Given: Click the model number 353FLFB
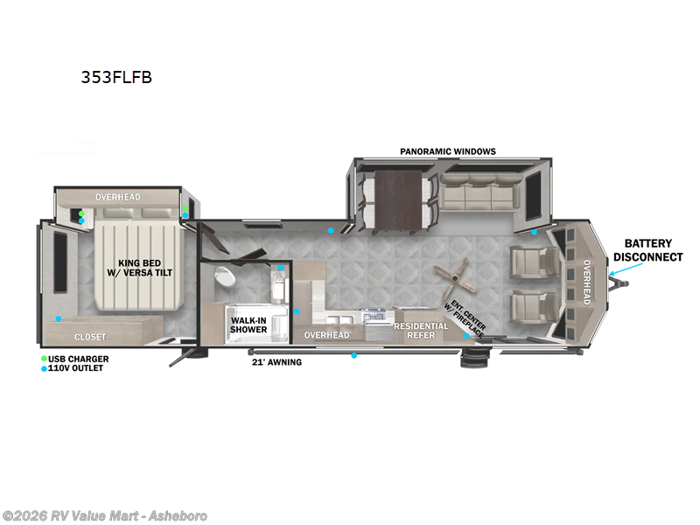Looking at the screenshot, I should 116,77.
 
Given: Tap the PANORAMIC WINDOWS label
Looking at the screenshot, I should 448,151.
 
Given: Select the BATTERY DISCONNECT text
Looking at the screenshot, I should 647,250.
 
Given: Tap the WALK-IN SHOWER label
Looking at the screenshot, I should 248,325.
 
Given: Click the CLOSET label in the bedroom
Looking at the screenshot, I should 89,337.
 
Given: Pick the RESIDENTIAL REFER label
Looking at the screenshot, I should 421,331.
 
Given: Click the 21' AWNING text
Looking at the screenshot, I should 276,361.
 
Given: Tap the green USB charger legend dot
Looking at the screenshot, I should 45,359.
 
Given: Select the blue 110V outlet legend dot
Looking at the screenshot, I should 45,368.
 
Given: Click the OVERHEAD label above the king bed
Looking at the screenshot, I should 118,197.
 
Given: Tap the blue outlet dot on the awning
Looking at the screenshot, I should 353,355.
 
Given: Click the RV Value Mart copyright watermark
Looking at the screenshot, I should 105,515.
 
